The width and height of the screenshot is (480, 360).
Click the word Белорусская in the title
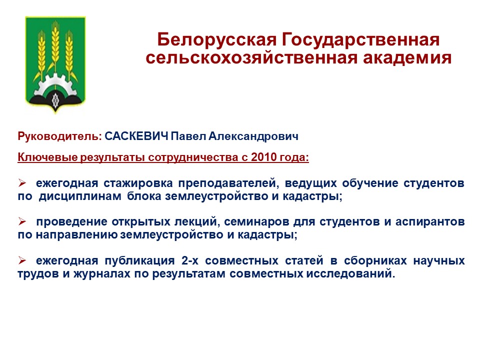(217, 40)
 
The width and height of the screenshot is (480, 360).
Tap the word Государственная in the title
(360, 40)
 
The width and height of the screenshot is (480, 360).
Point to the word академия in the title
(407, 58)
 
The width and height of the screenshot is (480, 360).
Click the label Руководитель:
(59, 136)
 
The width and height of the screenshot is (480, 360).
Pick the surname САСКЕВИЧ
(136, 136)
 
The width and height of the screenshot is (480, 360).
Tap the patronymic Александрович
(253, 136)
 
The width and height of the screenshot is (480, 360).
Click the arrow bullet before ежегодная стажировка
(22, 183)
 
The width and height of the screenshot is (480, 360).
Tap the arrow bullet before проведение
(22, 221)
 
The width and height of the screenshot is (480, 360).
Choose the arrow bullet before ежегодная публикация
(22, 260)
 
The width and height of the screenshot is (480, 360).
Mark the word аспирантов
(430, 221)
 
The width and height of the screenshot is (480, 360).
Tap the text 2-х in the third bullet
(190, 260)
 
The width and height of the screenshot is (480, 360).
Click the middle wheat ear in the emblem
(55, 46)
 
